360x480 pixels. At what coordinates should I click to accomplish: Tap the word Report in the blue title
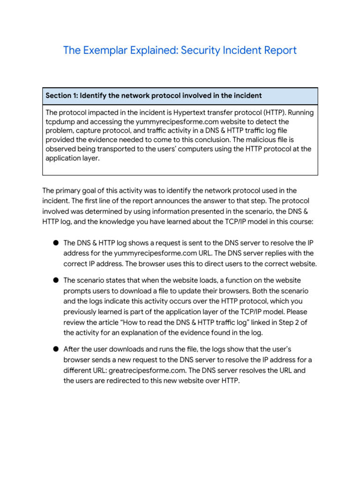pos(279,50)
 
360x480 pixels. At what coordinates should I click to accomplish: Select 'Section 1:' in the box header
pos(61,96)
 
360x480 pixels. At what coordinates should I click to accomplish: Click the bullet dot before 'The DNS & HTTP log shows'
pos(55,243)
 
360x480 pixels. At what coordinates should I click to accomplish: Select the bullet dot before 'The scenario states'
pos(55,280)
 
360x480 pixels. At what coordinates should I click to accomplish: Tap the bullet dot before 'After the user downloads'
pos(55,349)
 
